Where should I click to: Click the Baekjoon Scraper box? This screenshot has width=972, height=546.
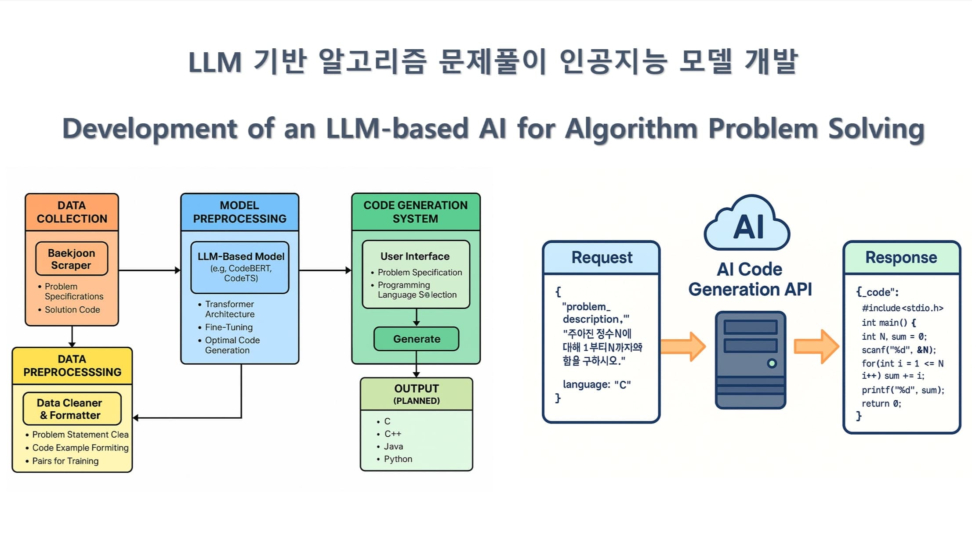(x=72, y=259)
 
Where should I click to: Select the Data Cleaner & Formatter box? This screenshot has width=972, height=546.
(x=72, y=409)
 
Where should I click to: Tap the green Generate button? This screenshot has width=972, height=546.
(x=416, y=339)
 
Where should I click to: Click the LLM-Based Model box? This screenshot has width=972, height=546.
(x=240, y=267)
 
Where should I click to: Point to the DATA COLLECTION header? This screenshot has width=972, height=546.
(x=72, y=212)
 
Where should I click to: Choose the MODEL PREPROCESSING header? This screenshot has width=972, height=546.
(x=239, y=212)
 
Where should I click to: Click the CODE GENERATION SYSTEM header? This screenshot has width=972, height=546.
(x=415, y=212)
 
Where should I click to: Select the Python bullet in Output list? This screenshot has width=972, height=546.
(x=398, y=459)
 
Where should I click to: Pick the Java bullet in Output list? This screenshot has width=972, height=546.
(x=393, y=446)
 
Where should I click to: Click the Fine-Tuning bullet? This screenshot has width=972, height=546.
(x=228, y=327)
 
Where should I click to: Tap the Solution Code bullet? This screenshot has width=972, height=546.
(x=72, y=310)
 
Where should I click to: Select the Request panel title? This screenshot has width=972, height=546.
(x=602, y=258)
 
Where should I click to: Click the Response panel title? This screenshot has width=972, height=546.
(x=901, y=258)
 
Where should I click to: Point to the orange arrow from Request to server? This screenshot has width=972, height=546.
(x=683, y=346)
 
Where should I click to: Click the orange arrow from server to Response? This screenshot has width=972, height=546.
(x=816, y=346)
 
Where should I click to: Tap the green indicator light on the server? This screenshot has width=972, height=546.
(x=772, y=363)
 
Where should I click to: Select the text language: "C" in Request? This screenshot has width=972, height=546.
(x=597, y=385)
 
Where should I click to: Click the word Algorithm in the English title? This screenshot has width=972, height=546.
(x=631, y=129)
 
